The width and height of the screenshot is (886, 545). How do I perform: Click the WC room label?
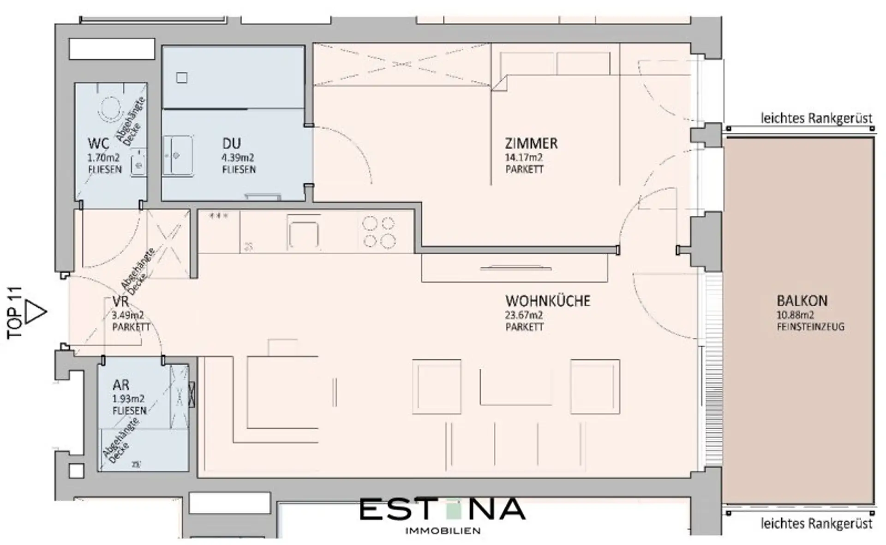coord(98,143)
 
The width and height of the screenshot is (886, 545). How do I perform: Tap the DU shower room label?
coord(231,144)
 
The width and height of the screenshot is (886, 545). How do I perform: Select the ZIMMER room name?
coord(531,144)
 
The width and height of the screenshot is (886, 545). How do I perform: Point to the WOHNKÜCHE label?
coord(548,301)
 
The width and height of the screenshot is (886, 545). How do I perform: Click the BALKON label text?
coord(802,301)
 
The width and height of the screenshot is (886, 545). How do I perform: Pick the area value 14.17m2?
coord(524,158)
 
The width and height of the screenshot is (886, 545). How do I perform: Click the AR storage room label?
coord(121,385)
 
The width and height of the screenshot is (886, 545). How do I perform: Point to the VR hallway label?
coord(120,302)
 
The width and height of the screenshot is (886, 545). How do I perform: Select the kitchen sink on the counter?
coord(303,234)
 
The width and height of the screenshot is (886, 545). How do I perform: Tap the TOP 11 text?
coord(15,312)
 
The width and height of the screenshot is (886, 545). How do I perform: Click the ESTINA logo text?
coord(442,509)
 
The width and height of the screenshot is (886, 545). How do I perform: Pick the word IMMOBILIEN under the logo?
coord(443,531)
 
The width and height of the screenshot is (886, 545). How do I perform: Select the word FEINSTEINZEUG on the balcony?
coord(811,327)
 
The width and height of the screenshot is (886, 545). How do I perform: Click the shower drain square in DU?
coord(182,78)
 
